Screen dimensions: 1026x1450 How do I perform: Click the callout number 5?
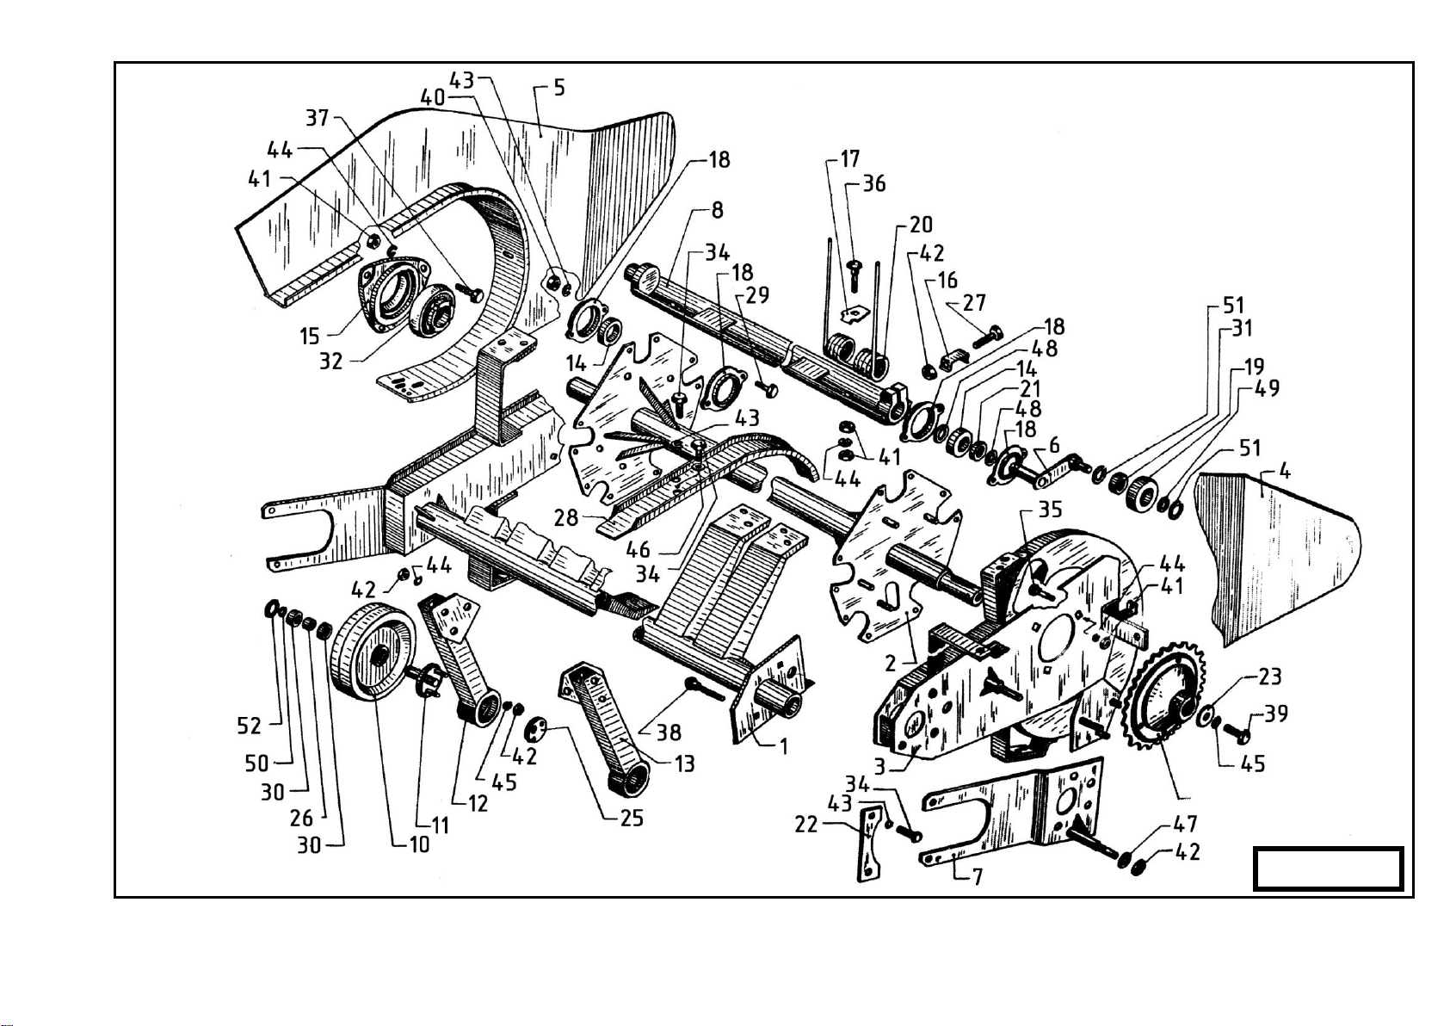[x=558, y=88]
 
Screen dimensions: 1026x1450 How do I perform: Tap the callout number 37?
[x=318, y=116]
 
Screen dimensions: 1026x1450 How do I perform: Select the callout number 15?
[x=311, y=336]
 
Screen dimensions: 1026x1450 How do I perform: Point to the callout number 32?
[x=331, y=362]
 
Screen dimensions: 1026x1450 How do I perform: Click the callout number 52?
[x=250, y=726]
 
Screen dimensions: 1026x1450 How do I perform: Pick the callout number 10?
[x=419, y=844]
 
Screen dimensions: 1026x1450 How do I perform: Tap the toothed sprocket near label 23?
[x=1163, y=697]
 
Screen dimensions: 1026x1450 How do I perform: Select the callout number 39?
[x=1276, y=714]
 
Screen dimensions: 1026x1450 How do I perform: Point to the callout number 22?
[x=806, y=825]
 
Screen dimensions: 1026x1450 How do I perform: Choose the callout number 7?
[x=978, y=877]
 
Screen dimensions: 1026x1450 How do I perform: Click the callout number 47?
[x=1187, y=825]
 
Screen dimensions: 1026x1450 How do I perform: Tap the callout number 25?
[x=632, y=817]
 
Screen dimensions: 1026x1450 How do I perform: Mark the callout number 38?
[x=669, y=732]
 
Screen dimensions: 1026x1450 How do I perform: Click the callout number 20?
[x=921, y=225]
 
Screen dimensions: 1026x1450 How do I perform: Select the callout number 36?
[x=874, y=183]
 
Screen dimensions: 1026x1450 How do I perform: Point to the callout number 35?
[x=1050, y=510]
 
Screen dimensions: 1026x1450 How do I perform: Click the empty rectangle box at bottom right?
[x=1329, y=868]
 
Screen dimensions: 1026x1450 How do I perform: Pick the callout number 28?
[x=566, y=517]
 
